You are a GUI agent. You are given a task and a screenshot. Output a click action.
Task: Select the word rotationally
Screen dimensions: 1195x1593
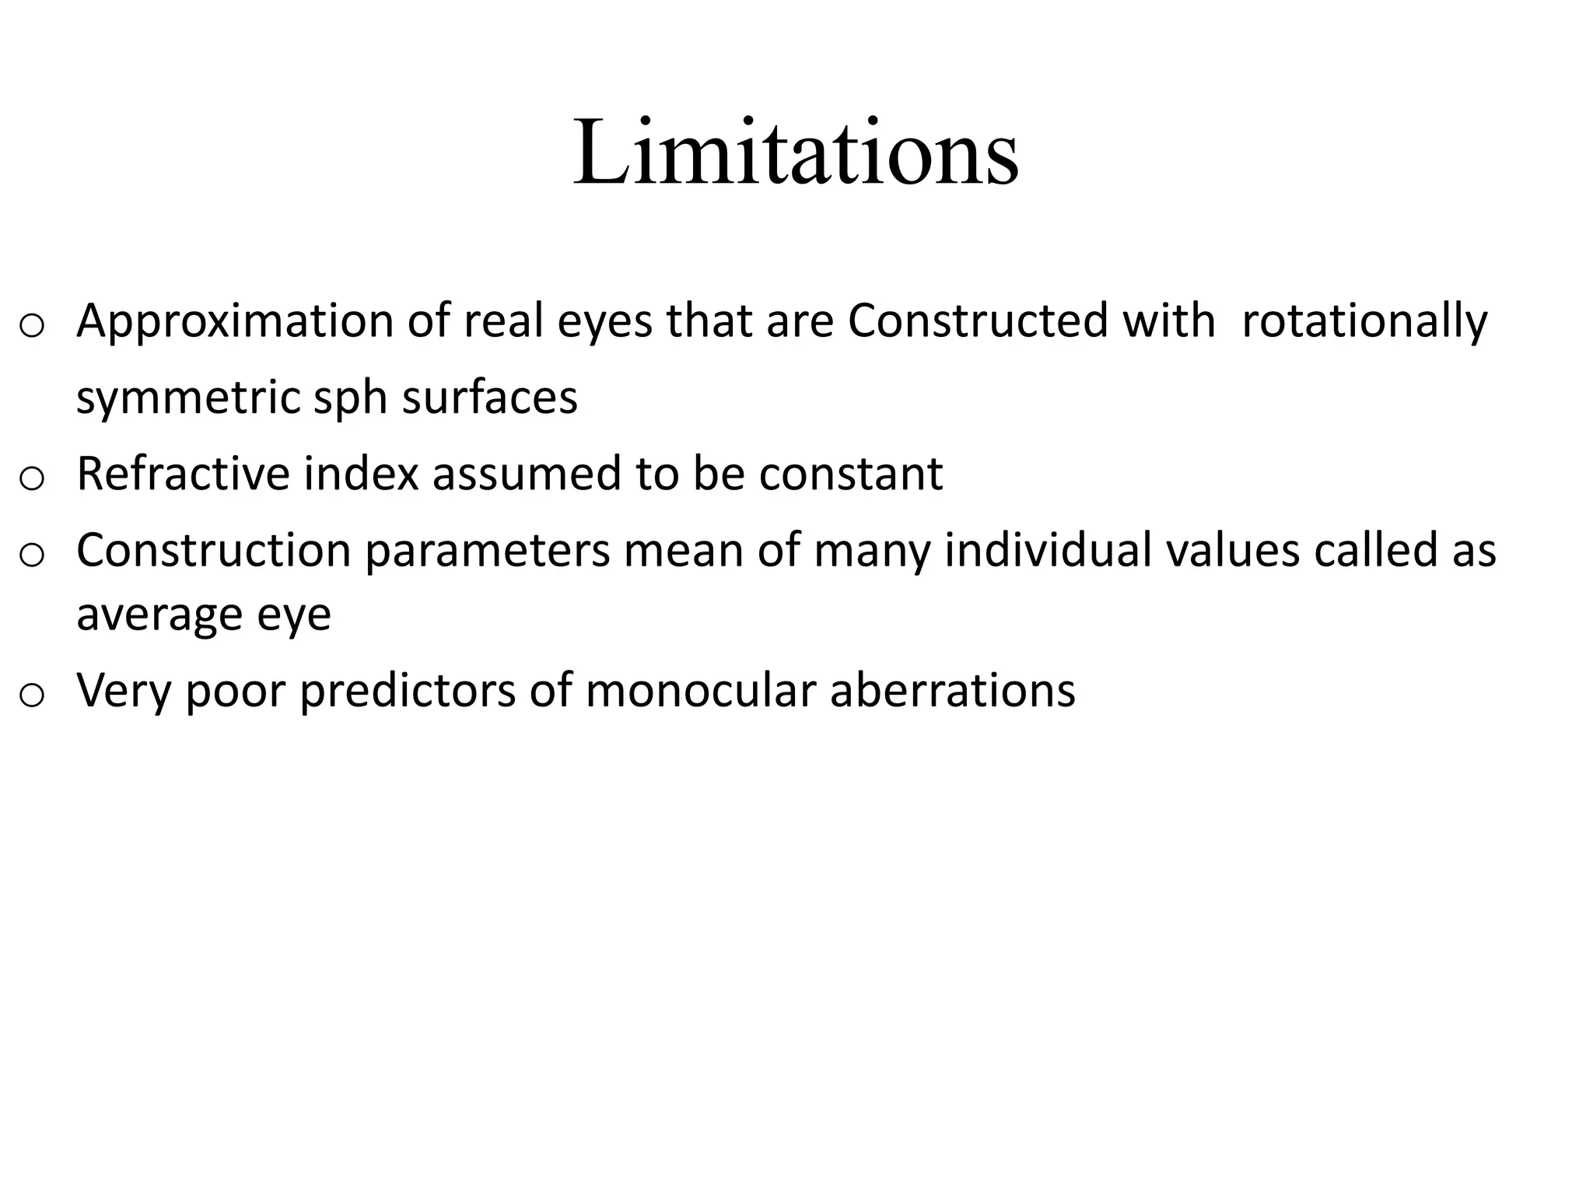coord(1364,321)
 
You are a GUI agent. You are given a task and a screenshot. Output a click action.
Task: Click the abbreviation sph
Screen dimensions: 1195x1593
coord(350,398)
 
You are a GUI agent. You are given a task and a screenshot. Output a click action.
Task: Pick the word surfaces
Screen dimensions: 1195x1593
coord(489,397)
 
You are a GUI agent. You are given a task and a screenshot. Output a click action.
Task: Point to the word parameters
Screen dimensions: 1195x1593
coord(487,552)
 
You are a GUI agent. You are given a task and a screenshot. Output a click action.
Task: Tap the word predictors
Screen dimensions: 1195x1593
coord(407,691)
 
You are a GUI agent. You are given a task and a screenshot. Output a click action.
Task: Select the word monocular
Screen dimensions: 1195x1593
coord(700,691)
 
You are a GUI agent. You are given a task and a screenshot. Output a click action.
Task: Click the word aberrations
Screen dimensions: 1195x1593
coord(953,691)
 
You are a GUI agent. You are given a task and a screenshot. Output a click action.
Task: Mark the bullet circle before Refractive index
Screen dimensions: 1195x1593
coord(31,478)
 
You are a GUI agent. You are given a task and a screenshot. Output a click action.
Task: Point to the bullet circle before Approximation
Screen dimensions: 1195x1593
coord(31,325)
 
